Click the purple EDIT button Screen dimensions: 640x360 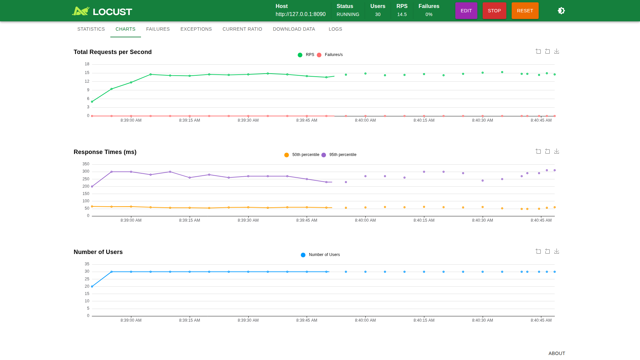pyautogui.click(x=466, y=11)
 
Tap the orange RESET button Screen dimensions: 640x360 pyautogui.click(x=525, y=11)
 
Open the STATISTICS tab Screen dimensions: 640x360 pyautogui.click(x=91, y=29)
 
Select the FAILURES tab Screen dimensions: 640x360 pyautogui.click(x=158, y=29)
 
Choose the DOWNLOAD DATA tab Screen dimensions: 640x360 pyautogui.click(x=294, y=29)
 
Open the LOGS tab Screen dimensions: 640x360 pyautogui.click(x=335, y=29)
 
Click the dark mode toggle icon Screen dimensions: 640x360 pyautogui.click(x=561, y=11)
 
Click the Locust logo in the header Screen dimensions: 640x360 pyautogui.click(x=102, y=11)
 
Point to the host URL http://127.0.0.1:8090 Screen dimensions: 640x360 pyautogui.click(x=301, y=14)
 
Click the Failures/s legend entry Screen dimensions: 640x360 pyautogui.click(x=330, y=55)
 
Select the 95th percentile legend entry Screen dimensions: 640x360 pyautogui.click(x=339, y=155)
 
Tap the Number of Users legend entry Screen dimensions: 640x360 pyautogui.click(x=320, y=255)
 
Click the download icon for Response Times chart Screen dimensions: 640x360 pyautogui.click(x=557, y=151)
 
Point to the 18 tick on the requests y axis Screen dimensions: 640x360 pyautogui.click(x=87, y=64)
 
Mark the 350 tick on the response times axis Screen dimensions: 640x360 pyautogui.click(x=86, y=164)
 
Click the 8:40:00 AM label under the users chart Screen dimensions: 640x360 pyautogui.click(x=365, y=320)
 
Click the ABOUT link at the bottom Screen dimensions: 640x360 pyautogui.click(x=557, y=353)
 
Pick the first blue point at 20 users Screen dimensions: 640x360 pyautogui.click(x=92, y=286)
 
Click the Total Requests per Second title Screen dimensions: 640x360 pyautogui.click(x=113, y=52)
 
